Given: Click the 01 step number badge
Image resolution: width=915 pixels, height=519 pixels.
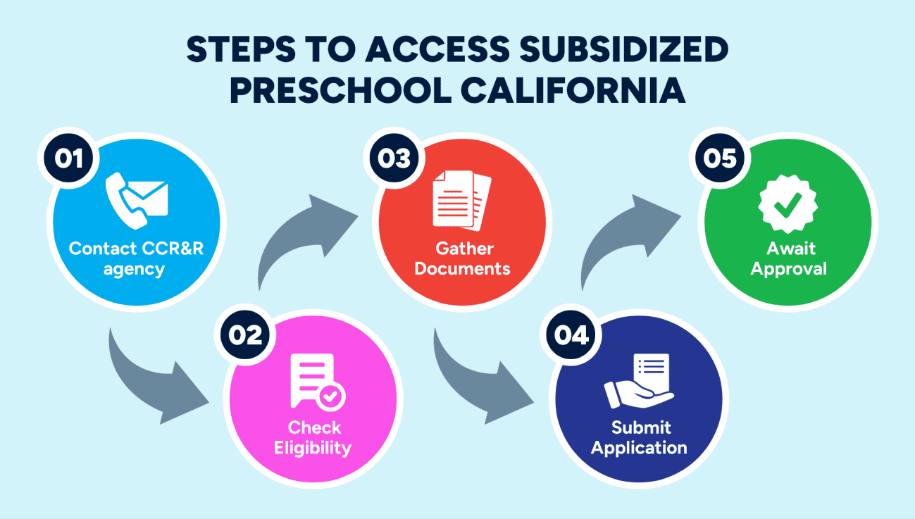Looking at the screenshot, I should pos(68,158).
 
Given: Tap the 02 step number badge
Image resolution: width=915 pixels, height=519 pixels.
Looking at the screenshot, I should pos(245,335).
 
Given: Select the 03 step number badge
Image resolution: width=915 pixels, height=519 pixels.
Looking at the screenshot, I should pos(394,158).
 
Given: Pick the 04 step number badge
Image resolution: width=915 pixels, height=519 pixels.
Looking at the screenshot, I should pos(571,335).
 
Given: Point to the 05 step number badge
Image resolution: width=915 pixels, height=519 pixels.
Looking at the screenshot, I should pos(720,158).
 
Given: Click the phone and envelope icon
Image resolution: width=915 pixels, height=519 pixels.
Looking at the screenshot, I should pos(137,200).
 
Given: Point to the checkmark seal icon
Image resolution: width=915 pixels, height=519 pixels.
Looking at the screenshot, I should pos(788,204).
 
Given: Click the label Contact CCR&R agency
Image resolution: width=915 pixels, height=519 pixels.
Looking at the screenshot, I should pos(136,258).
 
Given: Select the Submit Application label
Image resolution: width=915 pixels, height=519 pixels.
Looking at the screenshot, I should pos(640,437).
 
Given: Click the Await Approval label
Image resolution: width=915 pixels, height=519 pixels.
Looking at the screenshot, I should pos(788,258).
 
